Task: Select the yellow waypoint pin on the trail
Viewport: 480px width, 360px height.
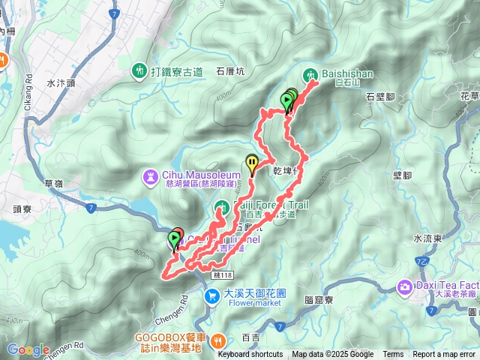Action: [x=252, y=162]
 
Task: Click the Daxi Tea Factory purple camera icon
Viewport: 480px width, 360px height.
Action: [x=406, y=286]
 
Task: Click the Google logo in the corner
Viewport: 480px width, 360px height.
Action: [x=28, y=349]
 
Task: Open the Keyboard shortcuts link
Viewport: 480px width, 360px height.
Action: [x=250, y=355]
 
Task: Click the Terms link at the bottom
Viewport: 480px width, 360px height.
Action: [x=393, y=355]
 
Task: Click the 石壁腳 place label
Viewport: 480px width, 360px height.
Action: [x=380, y=97]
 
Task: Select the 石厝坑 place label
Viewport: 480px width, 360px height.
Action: [x=230, y=73]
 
